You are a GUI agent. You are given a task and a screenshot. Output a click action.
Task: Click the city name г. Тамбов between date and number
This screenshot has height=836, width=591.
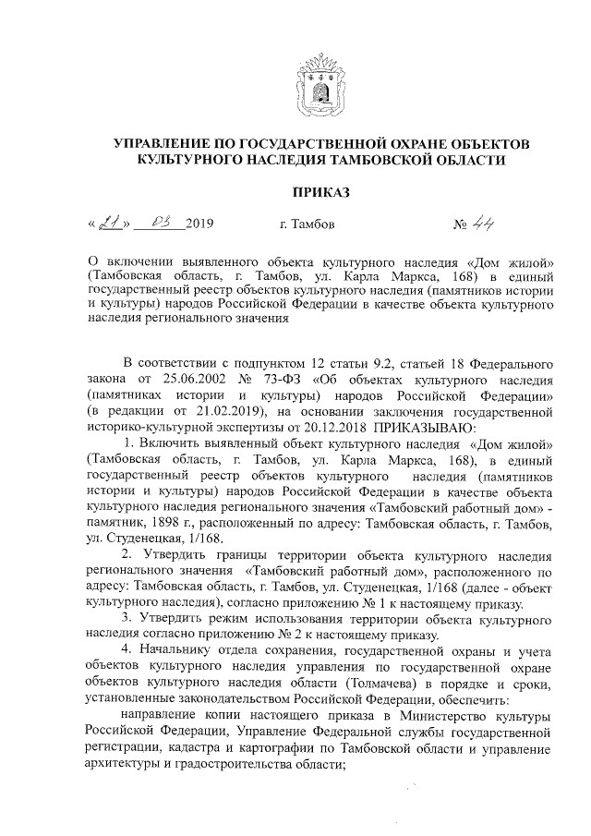point(307,224)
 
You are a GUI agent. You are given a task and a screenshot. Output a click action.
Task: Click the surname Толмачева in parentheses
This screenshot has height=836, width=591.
point(384,684)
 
